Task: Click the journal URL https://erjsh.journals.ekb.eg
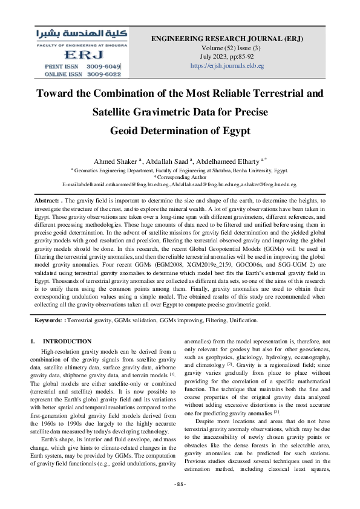tap(227, 65)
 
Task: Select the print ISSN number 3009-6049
tap(105, 66)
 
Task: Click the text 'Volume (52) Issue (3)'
tap(227, 48)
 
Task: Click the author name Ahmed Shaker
tap(115, 161)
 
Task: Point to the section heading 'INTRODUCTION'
tap(67, 342)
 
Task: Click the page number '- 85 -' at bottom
tap(180, 501)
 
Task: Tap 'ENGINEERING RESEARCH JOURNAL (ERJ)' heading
tap(227, 39)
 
